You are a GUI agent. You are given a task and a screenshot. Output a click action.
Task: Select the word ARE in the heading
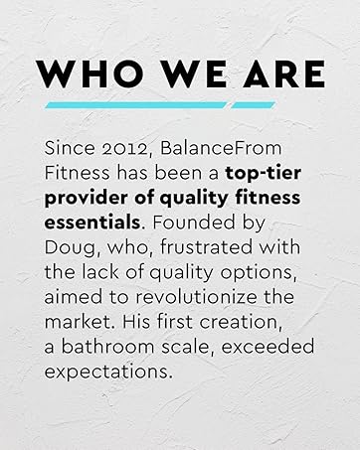pos(277,74)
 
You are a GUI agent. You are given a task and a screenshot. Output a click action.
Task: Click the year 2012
pos(108,147)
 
